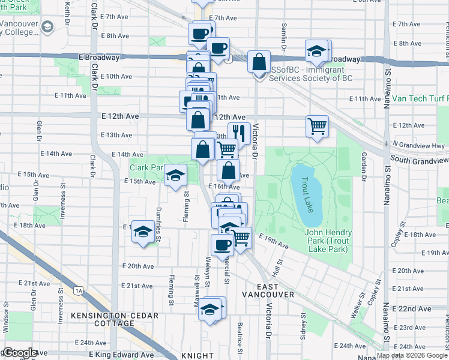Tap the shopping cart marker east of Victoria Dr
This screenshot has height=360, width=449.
pyautogui.click(x=317, y=127)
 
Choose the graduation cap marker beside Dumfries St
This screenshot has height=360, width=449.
pyautogui.click(x=142, y=232)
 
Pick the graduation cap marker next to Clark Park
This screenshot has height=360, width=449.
pyautogui.click(x=175, y=175)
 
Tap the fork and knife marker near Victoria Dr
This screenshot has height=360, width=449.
pyautogui.click(x=239, y=134)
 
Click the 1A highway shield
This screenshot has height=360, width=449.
pyautogui.click(x=79, y=290)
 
